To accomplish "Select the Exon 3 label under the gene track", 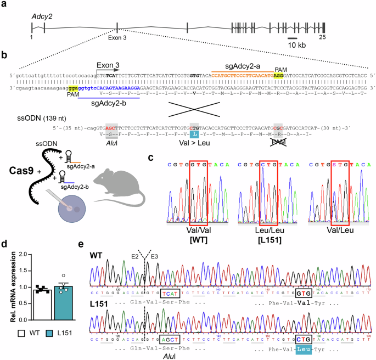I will coord(117,37).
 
